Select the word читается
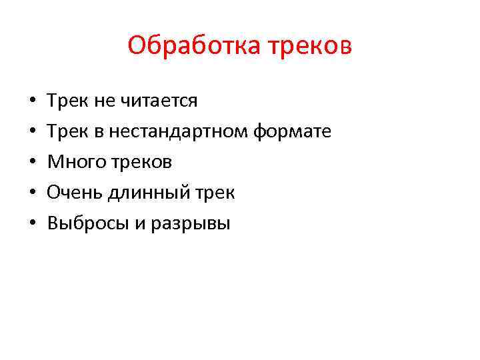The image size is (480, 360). (x=159, y=101)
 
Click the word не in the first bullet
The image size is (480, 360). (x=106, y=101)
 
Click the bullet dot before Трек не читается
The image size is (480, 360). (x=33, y=101)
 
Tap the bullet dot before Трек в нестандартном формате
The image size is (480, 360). (x=33, y=132)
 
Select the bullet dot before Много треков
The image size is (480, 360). (x=33, y=163)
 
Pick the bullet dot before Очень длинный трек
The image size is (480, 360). (x=33, y=193)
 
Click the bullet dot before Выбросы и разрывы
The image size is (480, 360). (x=33, y=224)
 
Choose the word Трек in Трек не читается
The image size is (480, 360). (x=65, y=101)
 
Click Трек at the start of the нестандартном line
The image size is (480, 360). (x=65, y=131)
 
